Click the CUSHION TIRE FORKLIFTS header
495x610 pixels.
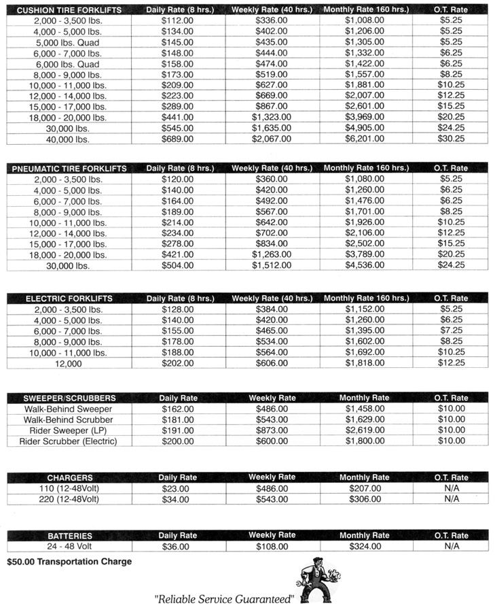point(70,10)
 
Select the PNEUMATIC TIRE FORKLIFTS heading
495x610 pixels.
point(70,168)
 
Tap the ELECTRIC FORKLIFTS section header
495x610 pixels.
point(69,299)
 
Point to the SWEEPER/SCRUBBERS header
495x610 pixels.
point(70,398)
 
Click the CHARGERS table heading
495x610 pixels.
point(70,477)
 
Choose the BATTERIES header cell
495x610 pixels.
point(70,536)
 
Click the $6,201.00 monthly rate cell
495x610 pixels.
point(365,139)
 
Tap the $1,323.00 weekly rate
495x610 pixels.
point(272,117)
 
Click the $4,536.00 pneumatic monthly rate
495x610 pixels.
point(365,265)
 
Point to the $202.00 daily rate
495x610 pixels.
point(177,363)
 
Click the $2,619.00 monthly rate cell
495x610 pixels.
point(365,430)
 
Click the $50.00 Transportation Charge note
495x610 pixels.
point(69,562)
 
